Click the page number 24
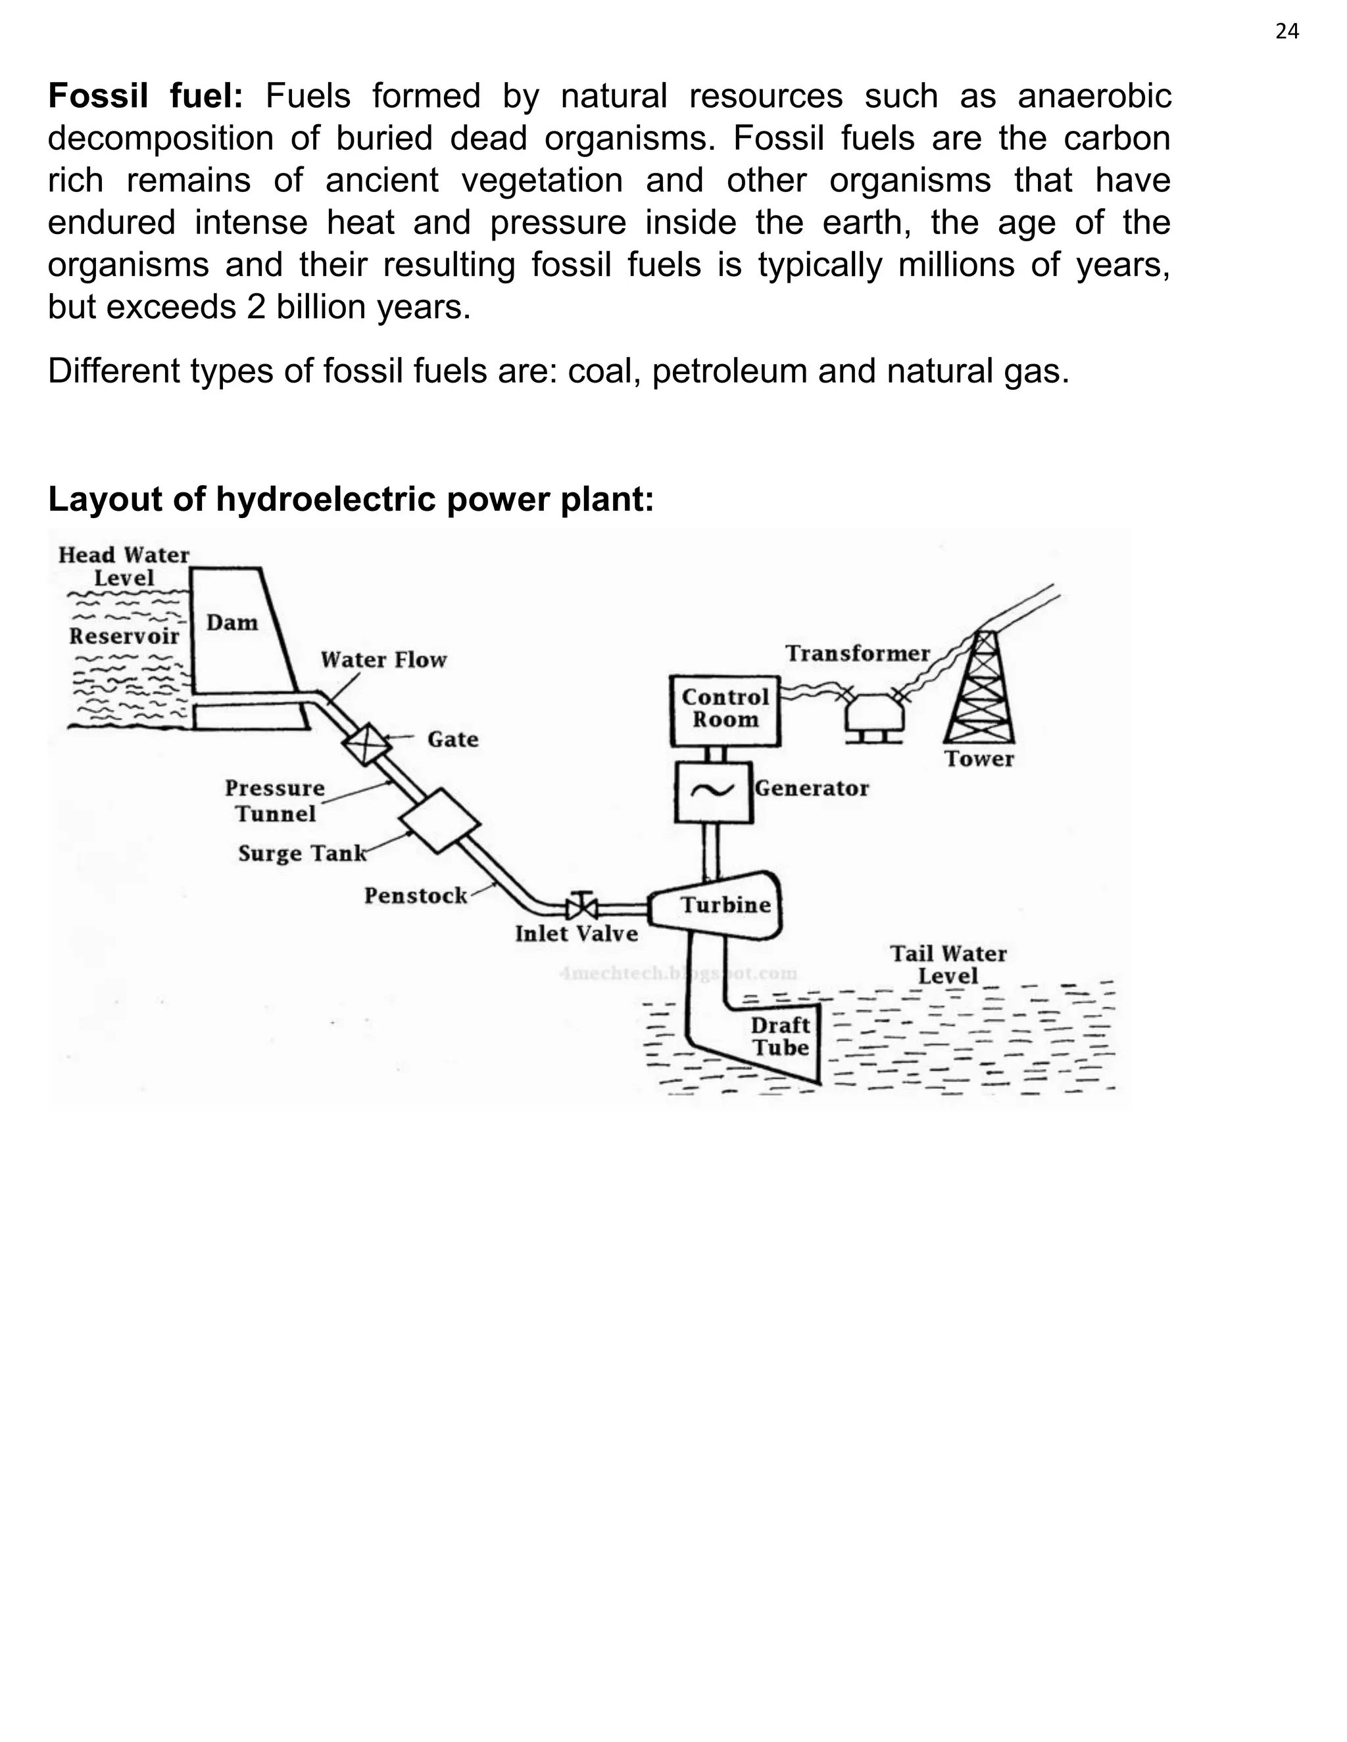click(1287, 31)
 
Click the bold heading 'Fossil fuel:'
click(145, 97)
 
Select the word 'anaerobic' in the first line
click(1094, 97)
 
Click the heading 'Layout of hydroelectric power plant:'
click(351, 500)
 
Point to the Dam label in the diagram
click(232, 622)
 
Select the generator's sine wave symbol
click(712, 790)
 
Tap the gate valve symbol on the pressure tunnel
click(366, 743)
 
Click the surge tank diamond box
click(440, 821)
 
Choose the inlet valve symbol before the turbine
click(581, 907)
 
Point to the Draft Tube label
click(779, 1036)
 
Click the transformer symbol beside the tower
click(875, 714)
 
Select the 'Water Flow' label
click(383, 659)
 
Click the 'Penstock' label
click(415, 896)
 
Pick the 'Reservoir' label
click(124, 636)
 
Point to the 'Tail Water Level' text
click(948, 964)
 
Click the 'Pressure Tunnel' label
click(274, 801)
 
